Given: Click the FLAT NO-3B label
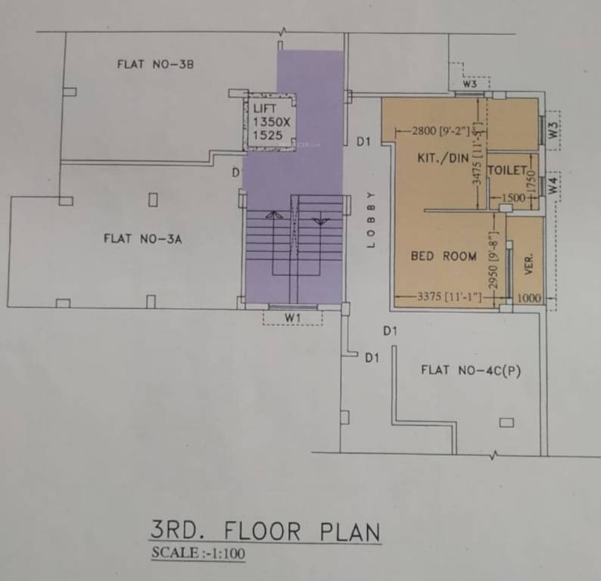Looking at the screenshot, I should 156,64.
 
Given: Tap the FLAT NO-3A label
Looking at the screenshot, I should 144,239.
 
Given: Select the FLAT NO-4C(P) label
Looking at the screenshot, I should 473,370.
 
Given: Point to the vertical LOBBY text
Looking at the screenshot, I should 371,219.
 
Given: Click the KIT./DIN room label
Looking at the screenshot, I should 443,158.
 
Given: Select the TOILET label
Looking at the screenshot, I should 506,171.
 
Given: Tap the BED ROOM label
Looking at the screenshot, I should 444,256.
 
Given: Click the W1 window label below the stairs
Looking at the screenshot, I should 293,317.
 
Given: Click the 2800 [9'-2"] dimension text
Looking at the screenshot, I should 441,131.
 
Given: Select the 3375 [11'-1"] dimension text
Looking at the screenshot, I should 450,297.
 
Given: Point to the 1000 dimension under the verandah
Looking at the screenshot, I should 530,298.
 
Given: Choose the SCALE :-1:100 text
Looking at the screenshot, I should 198,553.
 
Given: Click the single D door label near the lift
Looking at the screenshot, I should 236,173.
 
